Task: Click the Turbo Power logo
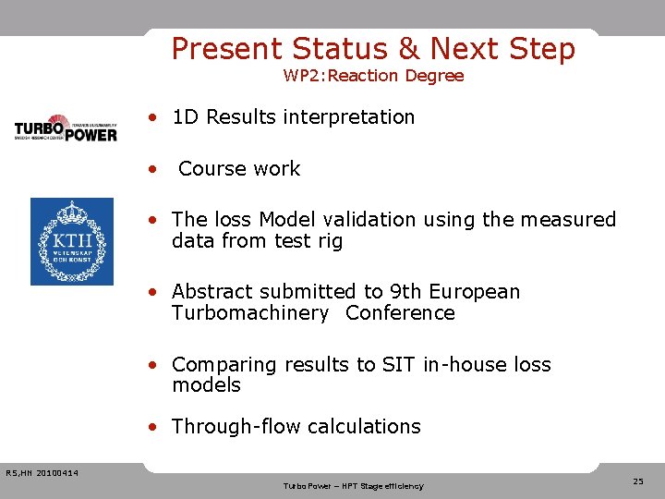(66, 128)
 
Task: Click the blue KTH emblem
(72, 241)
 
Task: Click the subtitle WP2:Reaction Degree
(373, 76)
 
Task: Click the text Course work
(239, 169)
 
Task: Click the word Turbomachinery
(249, 313)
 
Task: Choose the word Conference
(400, 313)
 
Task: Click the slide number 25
(638, 481)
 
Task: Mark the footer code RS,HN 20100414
(42, 474)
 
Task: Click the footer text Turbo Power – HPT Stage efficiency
(353, 486)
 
